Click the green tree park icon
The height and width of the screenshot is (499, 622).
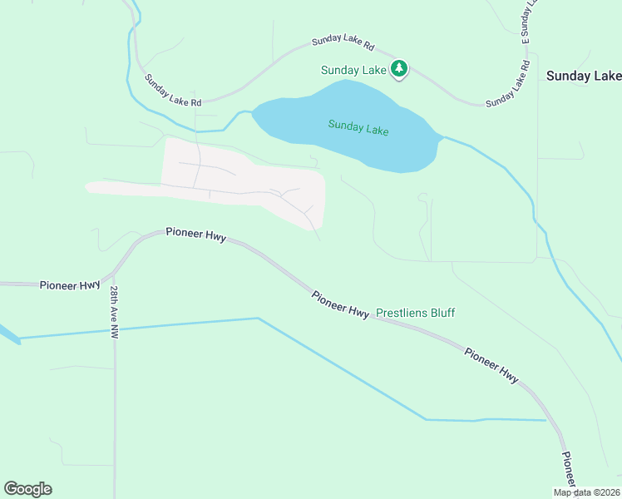click(x=400, y=68)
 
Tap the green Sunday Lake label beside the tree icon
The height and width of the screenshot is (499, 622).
click(x=354, y=71)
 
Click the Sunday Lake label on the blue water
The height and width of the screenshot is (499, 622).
click(x=358, y=128)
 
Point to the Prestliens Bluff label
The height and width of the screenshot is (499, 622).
click(x=416, y=314)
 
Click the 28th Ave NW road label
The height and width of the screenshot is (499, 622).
click(x=115, y=312)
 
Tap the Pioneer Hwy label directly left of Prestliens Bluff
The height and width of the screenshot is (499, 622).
click(x=341, y=304)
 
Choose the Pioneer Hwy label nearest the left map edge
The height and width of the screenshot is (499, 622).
click(x=70, y=285)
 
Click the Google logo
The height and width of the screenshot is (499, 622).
click(x=27, y=489)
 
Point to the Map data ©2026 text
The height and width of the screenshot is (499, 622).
click(x=587, y=492)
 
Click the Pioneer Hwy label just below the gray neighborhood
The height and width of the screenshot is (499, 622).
click(x=195, y=235)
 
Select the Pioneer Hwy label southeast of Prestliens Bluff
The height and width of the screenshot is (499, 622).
click(x=491, y=365)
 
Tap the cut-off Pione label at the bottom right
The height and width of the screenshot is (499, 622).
click(x=568, y=471)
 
